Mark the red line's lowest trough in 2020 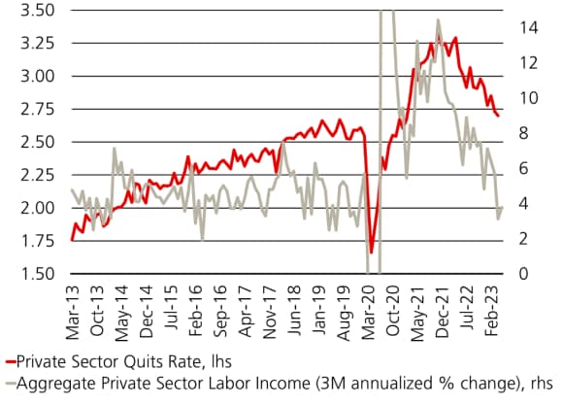click(x=372, y=253)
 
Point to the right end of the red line click(x=499, y=117)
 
